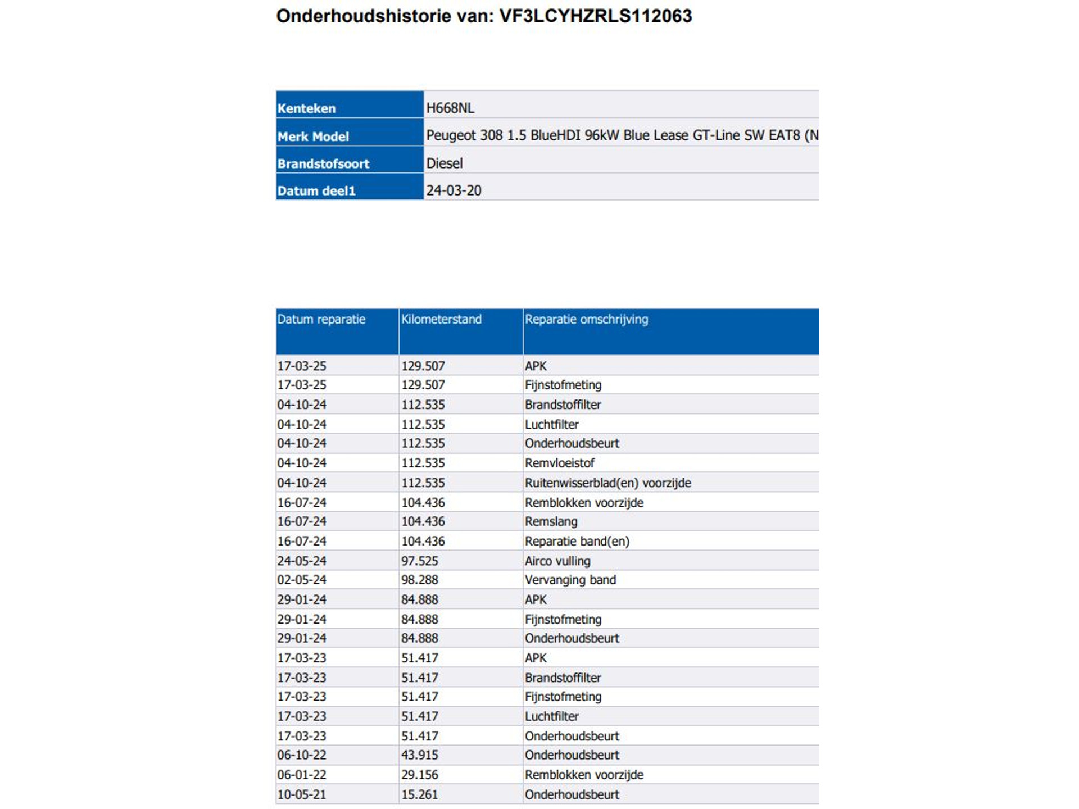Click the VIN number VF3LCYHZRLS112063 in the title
595,16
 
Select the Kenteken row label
306,108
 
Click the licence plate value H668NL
450,108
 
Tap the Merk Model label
313,137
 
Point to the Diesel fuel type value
445,163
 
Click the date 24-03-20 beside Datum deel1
454,190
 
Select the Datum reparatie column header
321,319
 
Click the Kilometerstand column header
441,319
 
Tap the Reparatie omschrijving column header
586,319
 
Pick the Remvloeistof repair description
559,463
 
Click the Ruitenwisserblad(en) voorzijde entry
607,483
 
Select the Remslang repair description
551,521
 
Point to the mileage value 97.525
419,561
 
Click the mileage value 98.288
419,580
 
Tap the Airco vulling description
557,561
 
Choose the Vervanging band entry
570,580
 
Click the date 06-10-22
301,755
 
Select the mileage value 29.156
419,775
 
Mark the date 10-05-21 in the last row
301,794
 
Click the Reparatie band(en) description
577,541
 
